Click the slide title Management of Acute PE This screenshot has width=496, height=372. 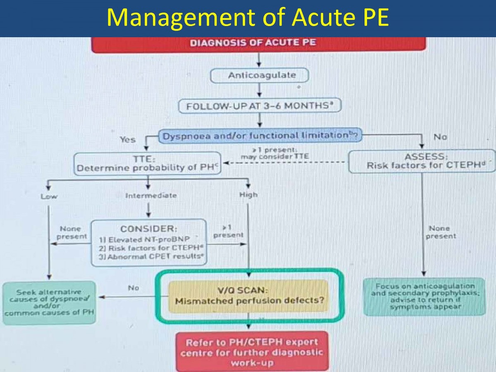pyautogui.click(x=248, y=18)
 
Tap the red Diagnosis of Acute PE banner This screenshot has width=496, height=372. pyautogui.click(x=258, y=45)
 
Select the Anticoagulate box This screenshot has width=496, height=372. pyautogui.click(x=260, y=75)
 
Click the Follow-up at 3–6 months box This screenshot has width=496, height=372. pyautogui.click(x=260, y=106)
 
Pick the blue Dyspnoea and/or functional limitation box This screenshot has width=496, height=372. pyautogui.click(x=260, y=136)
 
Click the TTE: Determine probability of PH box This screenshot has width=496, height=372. pyautogui.click(x=147, y=164)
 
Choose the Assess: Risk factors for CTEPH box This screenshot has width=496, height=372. pyautogui.click(x=422, y=161)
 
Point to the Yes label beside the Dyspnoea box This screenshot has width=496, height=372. pyautogui.click(x=128, y=140)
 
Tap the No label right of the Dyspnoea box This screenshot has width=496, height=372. pyautogui.click(x=440, y=137)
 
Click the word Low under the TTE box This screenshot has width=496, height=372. pyautogui.click(x=49, y=197)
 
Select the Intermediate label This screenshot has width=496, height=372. pyautogui.click(x=151, y=196)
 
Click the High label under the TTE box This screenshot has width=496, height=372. pyautogui.click(x=248, y=195)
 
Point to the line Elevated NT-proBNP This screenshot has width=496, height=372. pyautogui.click(x=145, y=239)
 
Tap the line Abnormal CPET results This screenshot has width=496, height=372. pyautogui.click(x=151, y=257)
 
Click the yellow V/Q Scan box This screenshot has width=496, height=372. pyautogui.click(x=248, y=296)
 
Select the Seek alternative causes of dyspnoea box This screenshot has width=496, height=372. pyautogui.click(x=49, y=303)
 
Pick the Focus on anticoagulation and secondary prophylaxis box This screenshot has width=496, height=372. pyautogui.click(x=425, y=296)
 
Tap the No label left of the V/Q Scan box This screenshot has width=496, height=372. pyautogui.click(x=134, y=288)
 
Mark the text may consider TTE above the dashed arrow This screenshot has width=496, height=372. pyautogui.click(x=275, y=156)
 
